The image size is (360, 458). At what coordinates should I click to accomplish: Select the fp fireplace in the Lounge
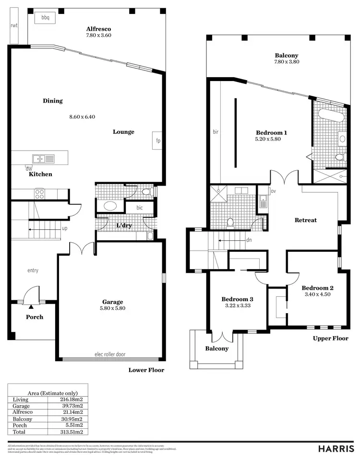pos(157,141)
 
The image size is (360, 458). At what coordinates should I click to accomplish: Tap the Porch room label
pos(34,317)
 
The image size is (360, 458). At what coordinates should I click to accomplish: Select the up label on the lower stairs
pos(64,228)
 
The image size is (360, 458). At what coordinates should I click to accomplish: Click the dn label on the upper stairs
pos(249,241)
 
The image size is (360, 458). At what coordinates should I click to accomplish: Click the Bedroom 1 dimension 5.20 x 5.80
pos(268,139)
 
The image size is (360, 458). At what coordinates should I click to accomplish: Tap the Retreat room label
pos(305,220)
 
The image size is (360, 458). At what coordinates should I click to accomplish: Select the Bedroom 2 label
pos(317,288)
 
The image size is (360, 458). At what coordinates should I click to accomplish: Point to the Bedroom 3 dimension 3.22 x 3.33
pos(237,305)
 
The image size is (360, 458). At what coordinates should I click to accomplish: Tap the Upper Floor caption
pos(330,338)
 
